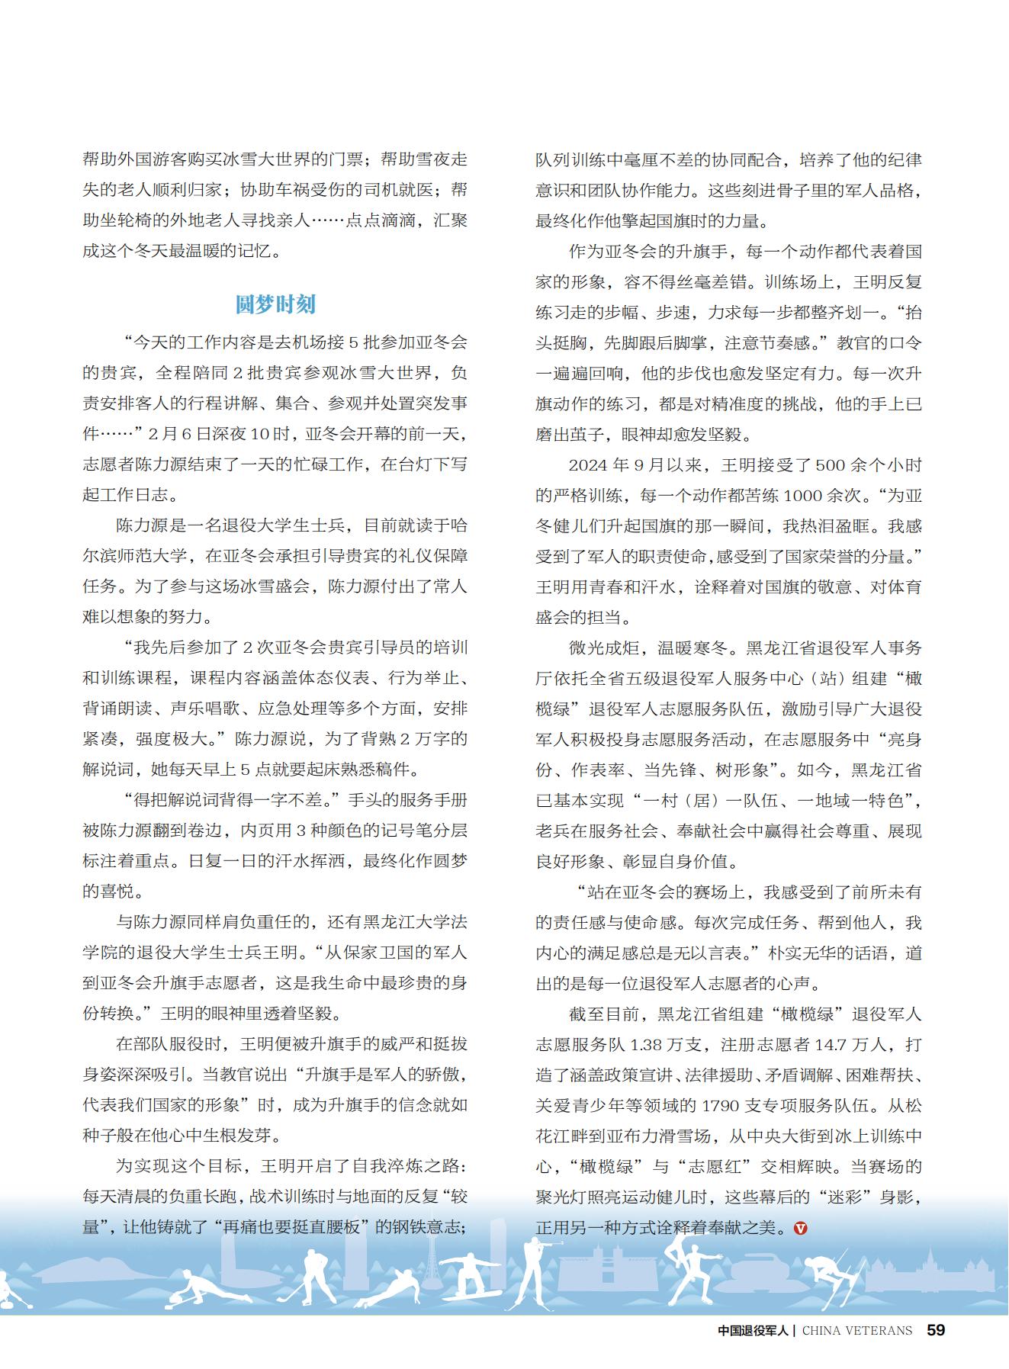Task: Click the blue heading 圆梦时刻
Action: click(275, 305)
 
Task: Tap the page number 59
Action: click(936, 1330)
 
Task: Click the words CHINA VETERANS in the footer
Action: click(857, 1331)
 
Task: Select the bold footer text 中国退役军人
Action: click(755, 1331)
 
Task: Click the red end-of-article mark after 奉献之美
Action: click(800, 1229)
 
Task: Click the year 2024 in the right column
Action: click(588, 465)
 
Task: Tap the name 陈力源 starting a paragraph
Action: click(141, 525)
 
